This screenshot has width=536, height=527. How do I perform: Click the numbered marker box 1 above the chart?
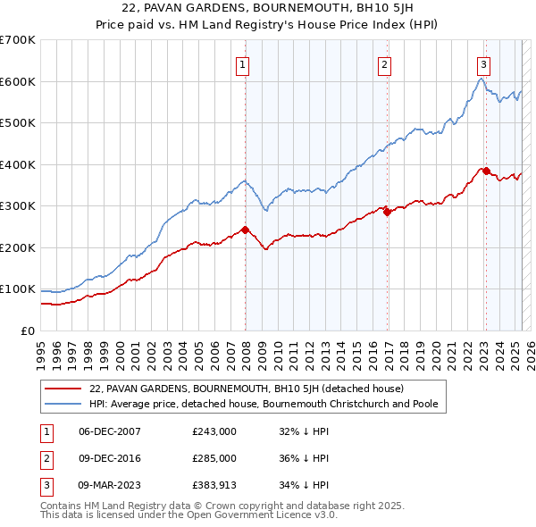tap(243, 64)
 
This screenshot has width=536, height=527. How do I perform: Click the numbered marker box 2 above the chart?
tap(384, 64)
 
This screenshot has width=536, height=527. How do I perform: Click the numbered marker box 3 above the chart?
tap(483, 64)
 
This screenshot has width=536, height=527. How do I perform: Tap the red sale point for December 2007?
tap(245, 230)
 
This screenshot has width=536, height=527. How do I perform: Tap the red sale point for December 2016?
tap(387, 212)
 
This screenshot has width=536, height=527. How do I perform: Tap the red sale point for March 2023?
tap(486, 171)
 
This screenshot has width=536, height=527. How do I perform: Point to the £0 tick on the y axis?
tap(29, 330)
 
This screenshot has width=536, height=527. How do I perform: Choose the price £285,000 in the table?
tap(214, 458)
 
